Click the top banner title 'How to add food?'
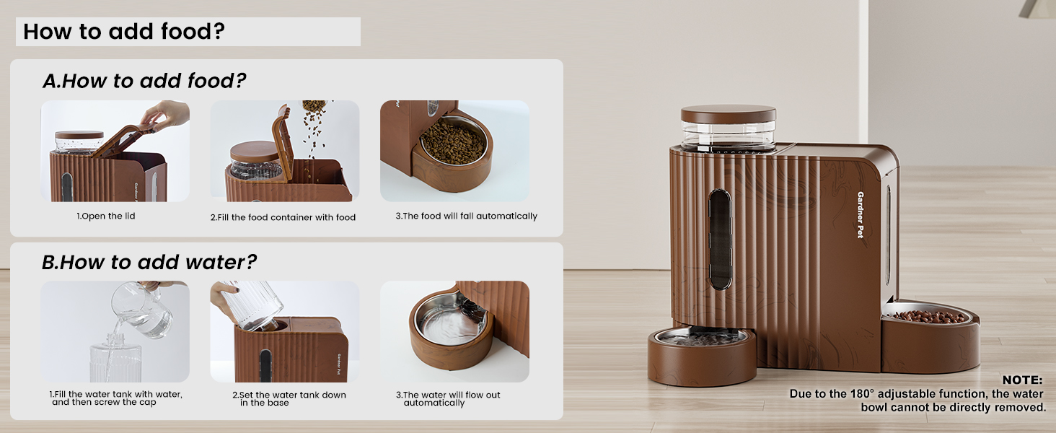pyautogui.click(x=123, y=32)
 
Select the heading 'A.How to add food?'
pyautogui.click(x=144, y=82)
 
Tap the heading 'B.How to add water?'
pyautogui.click(x=149, y=262)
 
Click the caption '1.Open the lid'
pyautogui.click(x=106, y=216)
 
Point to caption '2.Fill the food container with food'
pyautogui.click(x=283, y=217)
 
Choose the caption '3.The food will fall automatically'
pyautogui.click(x=466, y=216)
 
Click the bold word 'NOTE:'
pyautogui.click(x=1022, y=380)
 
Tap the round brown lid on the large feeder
pyautogui.click(x=728, y=114)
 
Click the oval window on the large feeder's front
pyautogui.click(x=720, y=238)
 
